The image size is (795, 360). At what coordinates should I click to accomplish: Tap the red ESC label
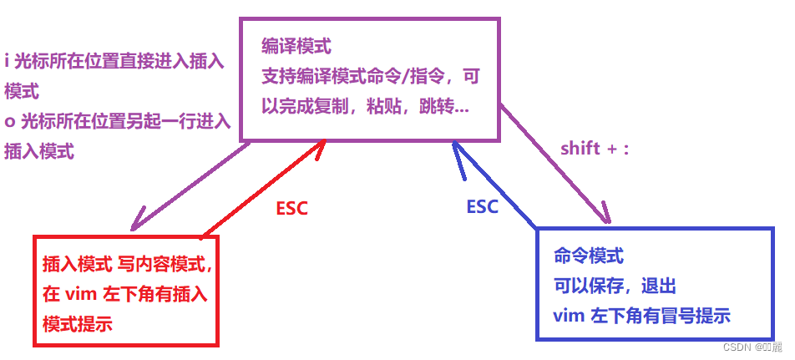[x=291, y=209]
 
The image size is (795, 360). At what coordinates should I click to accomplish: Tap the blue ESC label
[x=481, y=206]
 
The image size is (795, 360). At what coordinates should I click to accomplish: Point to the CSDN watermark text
[x=751, y=347]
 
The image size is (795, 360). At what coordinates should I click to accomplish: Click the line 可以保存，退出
[x=615, y=286]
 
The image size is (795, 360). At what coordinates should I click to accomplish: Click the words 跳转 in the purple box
[x=439, y=108]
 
